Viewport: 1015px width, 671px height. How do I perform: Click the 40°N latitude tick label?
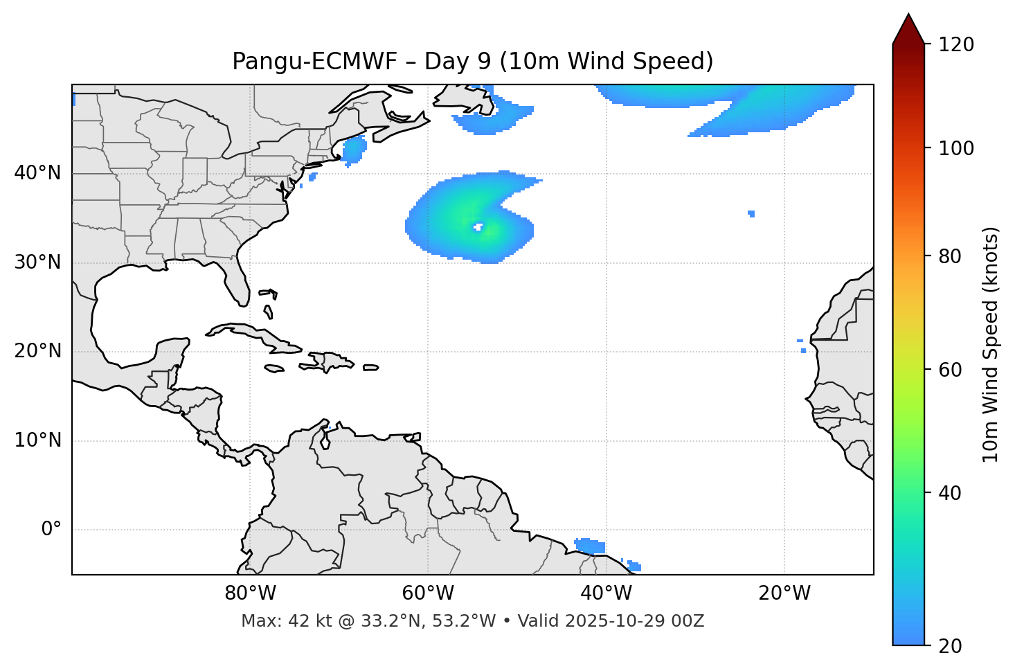pos(37,173)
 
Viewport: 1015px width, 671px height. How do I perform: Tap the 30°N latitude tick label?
pos(37,262)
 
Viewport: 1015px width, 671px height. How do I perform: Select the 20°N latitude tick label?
pos(37,351)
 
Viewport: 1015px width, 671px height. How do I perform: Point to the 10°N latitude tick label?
pos(37,440)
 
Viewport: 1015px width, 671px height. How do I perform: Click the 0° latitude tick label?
pos(51,530)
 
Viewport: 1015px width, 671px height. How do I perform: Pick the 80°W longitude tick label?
pos(250,593)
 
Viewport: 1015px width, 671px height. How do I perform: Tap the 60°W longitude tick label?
pos(428,593)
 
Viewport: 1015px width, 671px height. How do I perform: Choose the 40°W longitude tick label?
pos(606,593)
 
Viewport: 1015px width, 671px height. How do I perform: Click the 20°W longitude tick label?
pos(784,593)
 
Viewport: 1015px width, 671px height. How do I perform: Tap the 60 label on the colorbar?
pos(953,370)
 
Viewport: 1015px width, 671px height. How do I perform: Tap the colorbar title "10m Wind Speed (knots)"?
pos(991,345)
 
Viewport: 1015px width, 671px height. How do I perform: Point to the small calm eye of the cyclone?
pos(478,226)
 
